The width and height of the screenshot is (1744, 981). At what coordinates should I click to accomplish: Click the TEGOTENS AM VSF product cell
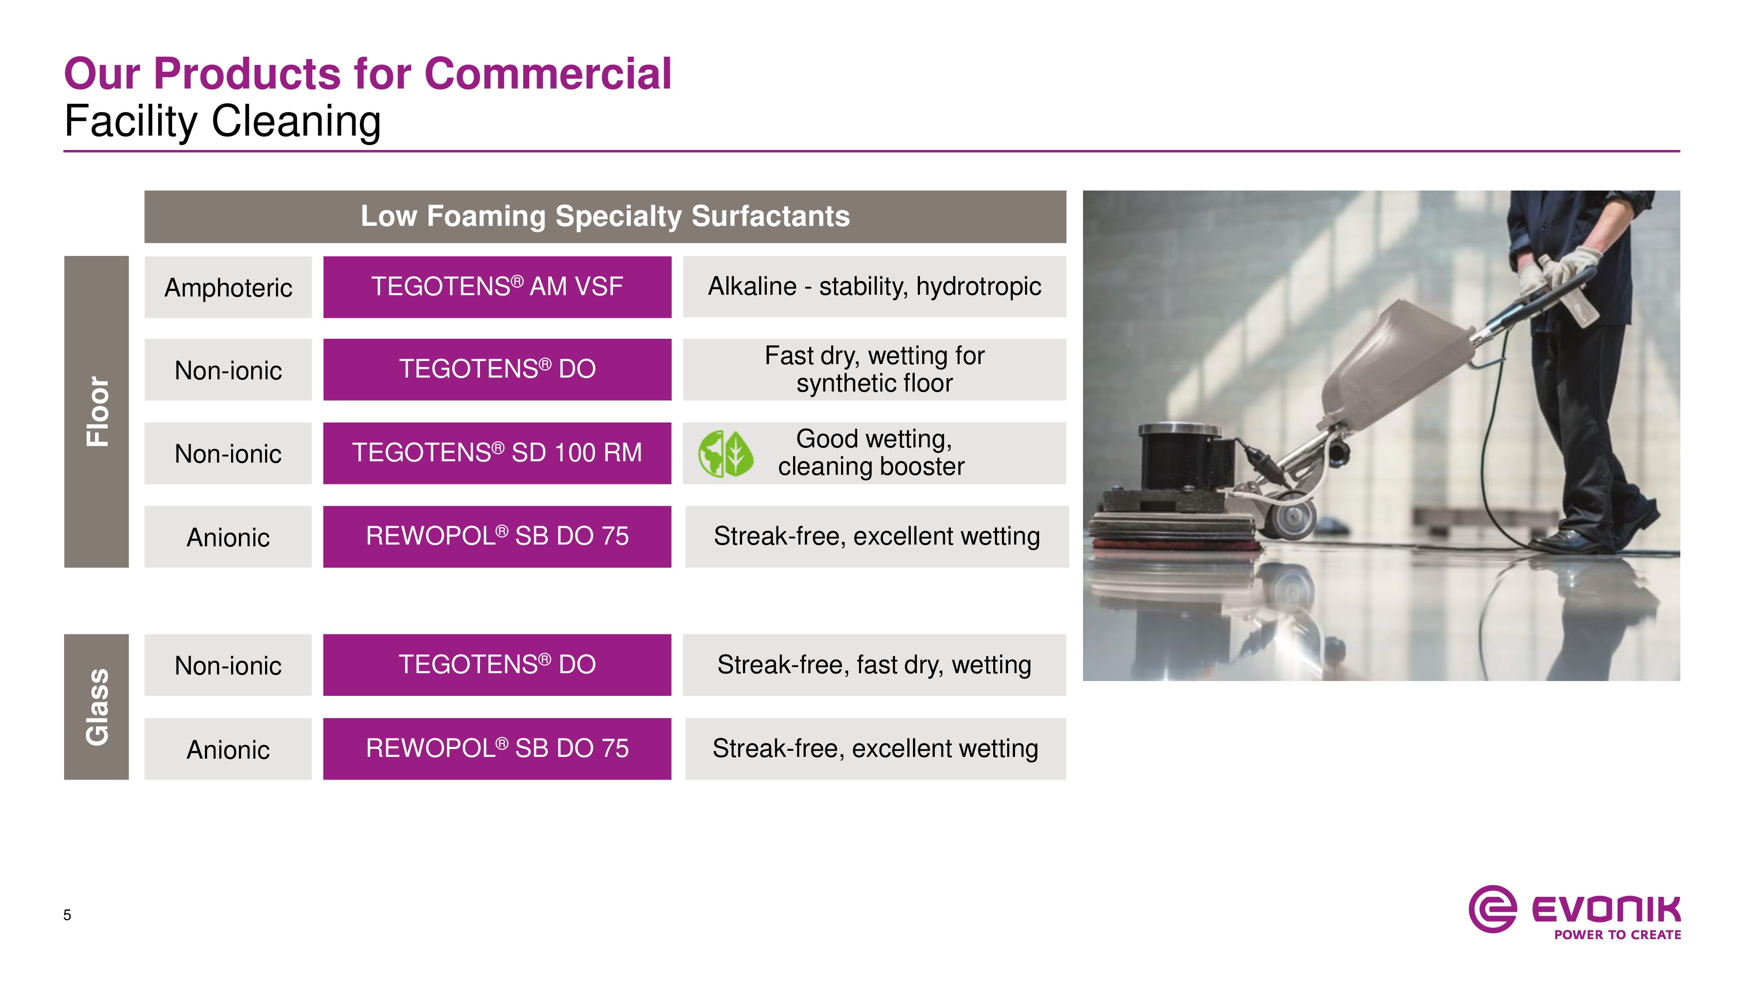tap(497, 286)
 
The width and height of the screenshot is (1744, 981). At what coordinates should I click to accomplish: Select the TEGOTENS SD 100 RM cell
tap(497, 453)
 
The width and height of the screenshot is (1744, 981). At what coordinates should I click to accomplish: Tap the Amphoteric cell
tap(228, 287)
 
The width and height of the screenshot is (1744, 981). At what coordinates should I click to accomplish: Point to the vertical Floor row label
tap(96, 412)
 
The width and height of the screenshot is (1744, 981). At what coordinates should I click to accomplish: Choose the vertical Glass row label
tap(96, 707)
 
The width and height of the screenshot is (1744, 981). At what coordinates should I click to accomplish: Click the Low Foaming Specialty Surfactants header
tap(605, 217)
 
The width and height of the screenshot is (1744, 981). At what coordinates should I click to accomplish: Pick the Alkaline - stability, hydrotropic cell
tap(875, 286)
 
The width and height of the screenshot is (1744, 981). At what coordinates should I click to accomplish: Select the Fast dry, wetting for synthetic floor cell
tap(875, 370)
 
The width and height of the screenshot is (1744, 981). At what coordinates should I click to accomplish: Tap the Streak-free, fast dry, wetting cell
tap(875, 665)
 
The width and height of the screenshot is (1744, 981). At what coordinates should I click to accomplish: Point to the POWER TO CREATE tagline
tap(1618, 935)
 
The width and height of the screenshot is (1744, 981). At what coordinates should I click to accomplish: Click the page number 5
tap(67, 915)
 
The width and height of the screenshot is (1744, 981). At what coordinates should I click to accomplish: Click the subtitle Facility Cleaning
tap(223, 122)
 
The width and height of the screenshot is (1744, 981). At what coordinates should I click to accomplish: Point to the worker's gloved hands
tap(1557, 271)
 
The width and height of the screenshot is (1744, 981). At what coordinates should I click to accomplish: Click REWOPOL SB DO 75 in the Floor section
tap(497, 536)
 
